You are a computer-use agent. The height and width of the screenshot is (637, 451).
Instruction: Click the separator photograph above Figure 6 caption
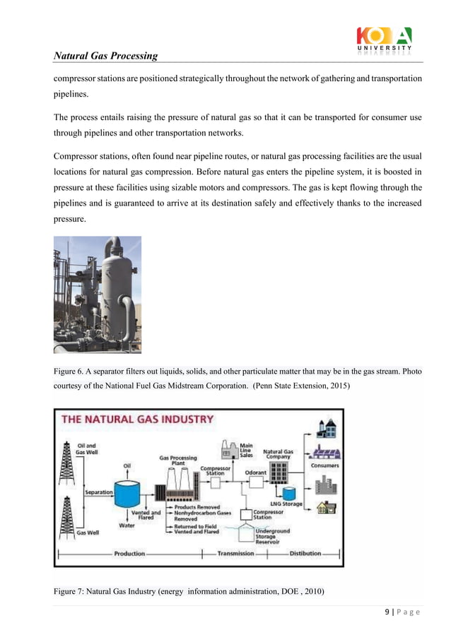[x=98, y=294]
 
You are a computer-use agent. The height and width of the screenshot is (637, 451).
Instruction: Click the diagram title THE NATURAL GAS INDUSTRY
[x=138, y=419]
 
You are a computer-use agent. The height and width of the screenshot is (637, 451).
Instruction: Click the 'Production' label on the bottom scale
[x=129, y=554]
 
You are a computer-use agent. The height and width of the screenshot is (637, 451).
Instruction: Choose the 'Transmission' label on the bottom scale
[x=235, y=554]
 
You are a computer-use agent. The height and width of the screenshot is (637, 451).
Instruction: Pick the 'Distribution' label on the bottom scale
[x=305, y=554]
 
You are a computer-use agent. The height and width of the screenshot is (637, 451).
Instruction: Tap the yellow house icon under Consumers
[x=326, y=508]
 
